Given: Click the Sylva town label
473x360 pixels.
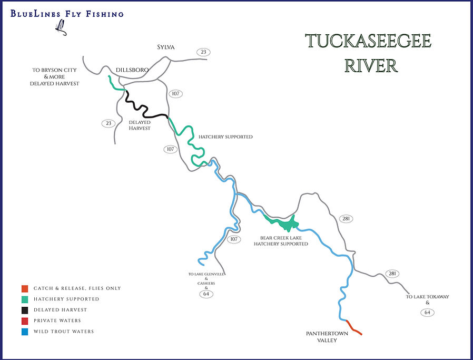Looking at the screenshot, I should (165, 47).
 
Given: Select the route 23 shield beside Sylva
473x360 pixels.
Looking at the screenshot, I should (203, 52).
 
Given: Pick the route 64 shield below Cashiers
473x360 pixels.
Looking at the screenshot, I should (206, 294).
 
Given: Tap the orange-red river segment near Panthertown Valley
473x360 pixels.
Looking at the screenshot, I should (354, 328).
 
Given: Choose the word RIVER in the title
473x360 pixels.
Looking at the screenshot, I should (371, 66).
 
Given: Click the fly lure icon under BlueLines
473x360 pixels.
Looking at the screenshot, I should (62, 28).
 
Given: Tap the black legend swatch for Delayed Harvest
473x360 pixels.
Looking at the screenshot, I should (24, 310).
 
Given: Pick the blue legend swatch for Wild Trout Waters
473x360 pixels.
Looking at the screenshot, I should (24, 332).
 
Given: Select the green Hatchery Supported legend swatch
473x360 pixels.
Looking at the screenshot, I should (24, 299).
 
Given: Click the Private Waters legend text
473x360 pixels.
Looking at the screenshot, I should (57, 320).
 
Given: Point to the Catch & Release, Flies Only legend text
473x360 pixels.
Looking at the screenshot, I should (77, 288).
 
